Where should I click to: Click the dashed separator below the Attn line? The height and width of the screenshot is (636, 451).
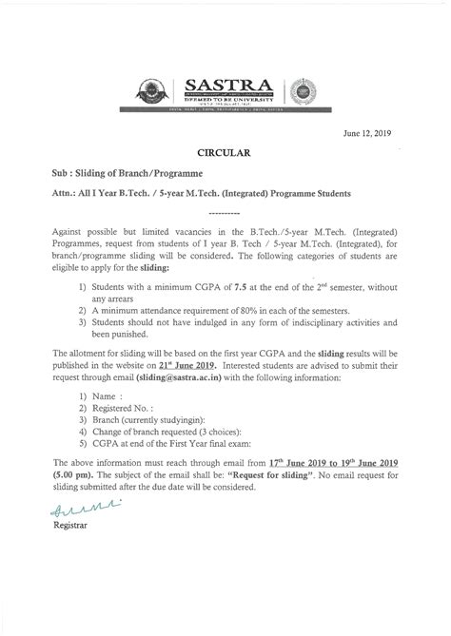click(225, 213)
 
